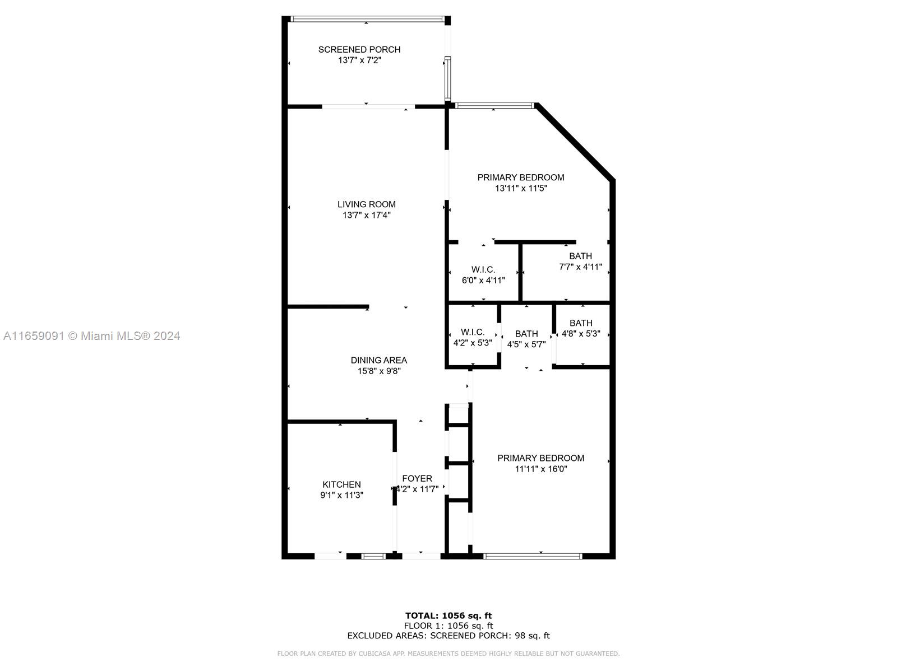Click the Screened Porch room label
click(359, 50)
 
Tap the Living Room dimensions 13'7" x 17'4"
click(366, 215)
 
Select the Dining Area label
click(379, 360)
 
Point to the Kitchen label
click(341, 484)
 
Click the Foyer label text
click(417, 479)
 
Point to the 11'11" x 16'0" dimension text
click(540, 469)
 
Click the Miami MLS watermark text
click(91, 336)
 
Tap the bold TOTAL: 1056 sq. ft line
click(449, 615)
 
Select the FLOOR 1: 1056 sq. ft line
click(449, 626)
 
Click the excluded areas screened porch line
click(449, 635)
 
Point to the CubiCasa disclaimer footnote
click(449, 653)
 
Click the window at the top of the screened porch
click(367, 18)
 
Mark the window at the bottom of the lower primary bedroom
click(533, 556)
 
